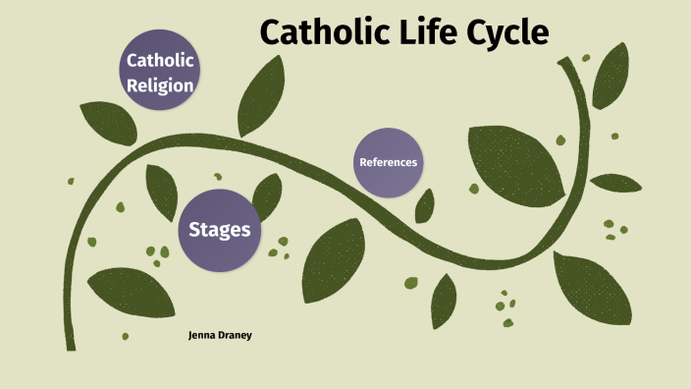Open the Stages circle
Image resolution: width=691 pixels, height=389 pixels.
coord(219,230)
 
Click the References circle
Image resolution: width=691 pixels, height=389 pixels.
coord(388,162)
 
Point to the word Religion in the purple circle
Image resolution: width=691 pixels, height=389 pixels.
coord(160,84)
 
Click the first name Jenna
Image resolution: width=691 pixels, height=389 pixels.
coord(203,335)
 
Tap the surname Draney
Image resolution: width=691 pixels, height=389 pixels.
coord(239,335)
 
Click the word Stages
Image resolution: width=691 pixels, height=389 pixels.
coord(219,230)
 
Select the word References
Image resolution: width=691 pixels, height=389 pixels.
coord(388,162)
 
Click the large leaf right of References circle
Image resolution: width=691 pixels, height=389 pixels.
coord(514,162)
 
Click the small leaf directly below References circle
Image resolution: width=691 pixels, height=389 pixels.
coord(425,205)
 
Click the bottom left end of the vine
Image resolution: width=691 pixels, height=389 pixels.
coord(70,346)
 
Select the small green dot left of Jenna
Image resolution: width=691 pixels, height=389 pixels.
coord(125,336)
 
